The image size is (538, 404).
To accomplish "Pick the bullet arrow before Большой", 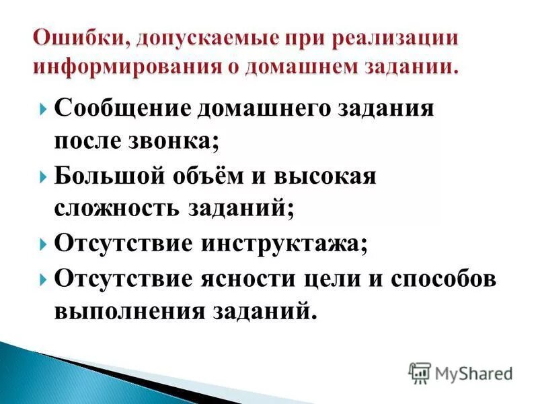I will (43, 176).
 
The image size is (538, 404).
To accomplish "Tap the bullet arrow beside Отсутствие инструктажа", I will (43, 244).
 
